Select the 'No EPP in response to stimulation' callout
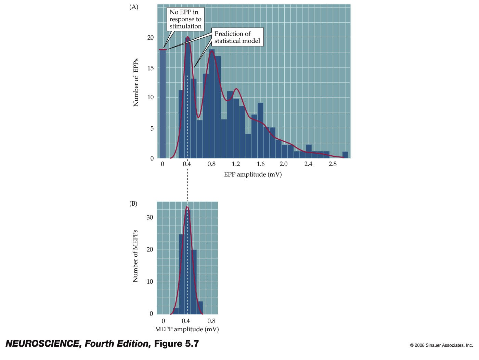185,20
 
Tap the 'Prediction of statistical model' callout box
237,37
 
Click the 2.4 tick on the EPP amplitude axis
308,164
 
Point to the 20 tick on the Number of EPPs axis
151,37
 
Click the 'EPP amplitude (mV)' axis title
253,174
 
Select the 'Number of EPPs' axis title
136,82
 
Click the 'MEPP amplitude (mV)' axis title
187,329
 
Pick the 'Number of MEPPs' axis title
135,256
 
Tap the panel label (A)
133,7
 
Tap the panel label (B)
133,204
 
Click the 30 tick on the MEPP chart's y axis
150,217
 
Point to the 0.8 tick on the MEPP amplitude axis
211,321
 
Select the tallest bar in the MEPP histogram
187,262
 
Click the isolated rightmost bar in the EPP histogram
345,155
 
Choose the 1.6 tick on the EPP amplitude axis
260,164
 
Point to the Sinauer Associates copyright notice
441,345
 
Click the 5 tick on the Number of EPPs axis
152,128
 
